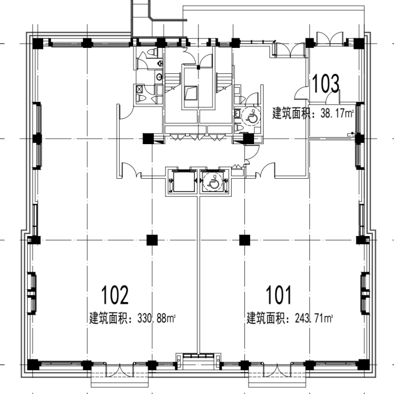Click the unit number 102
coord(114,295)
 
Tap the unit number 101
coord(279,295)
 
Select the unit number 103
coord(325,83)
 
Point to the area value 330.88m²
coord(156,318)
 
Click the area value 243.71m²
coord(314,318)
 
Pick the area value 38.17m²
coord(337,113)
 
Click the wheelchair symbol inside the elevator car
coord(214,182)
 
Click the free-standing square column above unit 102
coord(152,240)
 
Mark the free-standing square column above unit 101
coord(244,240)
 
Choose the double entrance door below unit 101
coord(277,370)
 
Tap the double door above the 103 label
coord(330,39)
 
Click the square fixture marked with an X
coord(139,89)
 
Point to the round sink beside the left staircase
coord(159,77)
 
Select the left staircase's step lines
coord(173,79)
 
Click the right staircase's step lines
coord(224,79)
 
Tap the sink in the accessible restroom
coord(237,114)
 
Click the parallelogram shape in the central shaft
coord(191,93)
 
